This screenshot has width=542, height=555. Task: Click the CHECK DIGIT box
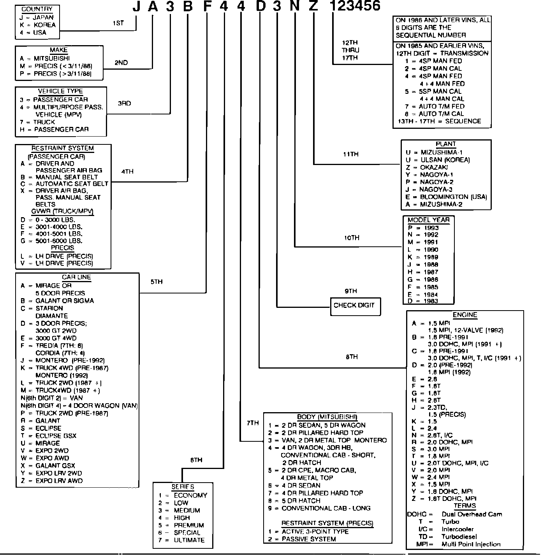coord(354,306)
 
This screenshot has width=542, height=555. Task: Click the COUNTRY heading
coord(37,9)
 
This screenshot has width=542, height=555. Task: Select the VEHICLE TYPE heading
coord(60,91)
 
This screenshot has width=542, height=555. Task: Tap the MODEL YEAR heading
coord(428,220)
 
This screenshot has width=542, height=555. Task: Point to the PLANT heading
coord(446,144)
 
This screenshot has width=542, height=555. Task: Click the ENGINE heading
coord(465,315)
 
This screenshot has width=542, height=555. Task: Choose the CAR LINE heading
coord(76,277)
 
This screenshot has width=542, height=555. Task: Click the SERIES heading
coord(183,487)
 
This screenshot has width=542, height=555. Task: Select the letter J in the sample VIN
coord(136,6)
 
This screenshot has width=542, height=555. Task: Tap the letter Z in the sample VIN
coord(313,6)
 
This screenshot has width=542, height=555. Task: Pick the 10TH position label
coord(352,238)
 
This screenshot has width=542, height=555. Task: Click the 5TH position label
coord(157,282)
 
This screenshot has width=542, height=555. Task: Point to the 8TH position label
coord(352,357)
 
